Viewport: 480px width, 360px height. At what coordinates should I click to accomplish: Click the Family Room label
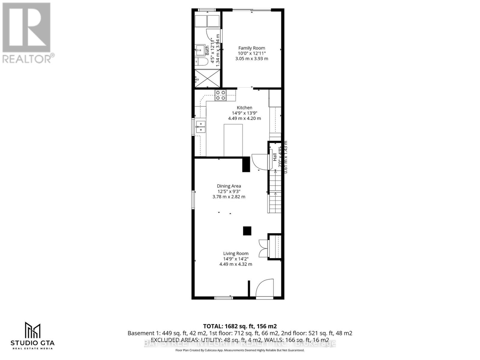pyautogui.click(x=252, y=48)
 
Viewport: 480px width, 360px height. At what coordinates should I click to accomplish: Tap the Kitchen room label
pyautogui.click(x=244, y=108)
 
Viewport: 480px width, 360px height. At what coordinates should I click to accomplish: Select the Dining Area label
pyautogui.click(x=229, y=186)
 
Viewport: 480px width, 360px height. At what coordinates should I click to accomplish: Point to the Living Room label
pyautogui.click(x=236, y=253)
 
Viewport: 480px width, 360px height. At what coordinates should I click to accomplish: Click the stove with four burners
pyautogui.click(x=220, y=95)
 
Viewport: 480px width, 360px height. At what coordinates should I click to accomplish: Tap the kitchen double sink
pyautogui.click(x=200, y=127)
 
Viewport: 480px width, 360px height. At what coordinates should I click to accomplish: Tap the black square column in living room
pyautogui.click(x=247, y=231)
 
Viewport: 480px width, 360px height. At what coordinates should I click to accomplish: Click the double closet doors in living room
pyautogui.click(x=263, y=247)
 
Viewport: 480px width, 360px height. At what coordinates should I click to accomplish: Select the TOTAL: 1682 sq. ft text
pyautogui.click(x=240, y=326)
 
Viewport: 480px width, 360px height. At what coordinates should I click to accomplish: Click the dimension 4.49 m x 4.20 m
pyautogui.click(x=244, y=118)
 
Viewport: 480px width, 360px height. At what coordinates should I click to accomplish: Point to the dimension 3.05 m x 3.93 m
pyautogui.click(x=252, y=59)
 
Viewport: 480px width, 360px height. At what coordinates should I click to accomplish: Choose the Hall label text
pyautogui.click(x=275, y=157)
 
